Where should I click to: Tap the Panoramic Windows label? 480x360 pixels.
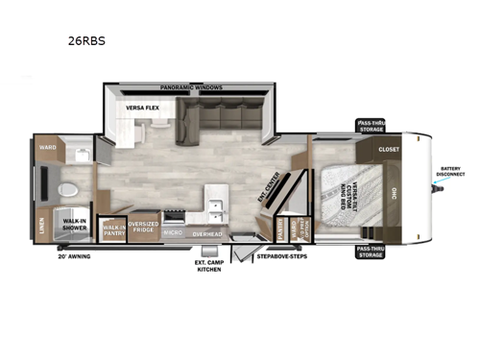pyautogui.click(x=191, y=87)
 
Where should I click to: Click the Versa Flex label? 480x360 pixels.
pyautogui.click(x=140, y=109)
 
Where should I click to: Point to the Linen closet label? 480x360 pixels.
pyautogui.click(x=41, y=225)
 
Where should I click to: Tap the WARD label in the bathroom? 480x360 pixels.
pyautogui.click(x=47, y=149)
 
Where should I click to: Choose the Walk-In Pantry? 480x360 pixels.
pyautogui.click(x=114, y=228)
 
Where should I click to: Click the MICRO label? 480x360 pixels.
pyautogui.click(x=173, y=231)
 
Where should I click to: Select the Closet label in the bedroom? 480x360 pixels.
pyautogui.click(x=389, y=150)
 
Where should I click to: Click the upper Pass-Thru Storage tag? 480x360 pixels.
pyautogui.click(x=370, y=127)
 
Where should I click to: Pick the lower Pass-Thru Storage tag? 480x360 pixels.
pyautogui.click(x=370, y=251)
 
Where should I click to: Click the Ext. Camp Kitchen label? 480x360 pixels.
pyautogui.click(x=208, y=266)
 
